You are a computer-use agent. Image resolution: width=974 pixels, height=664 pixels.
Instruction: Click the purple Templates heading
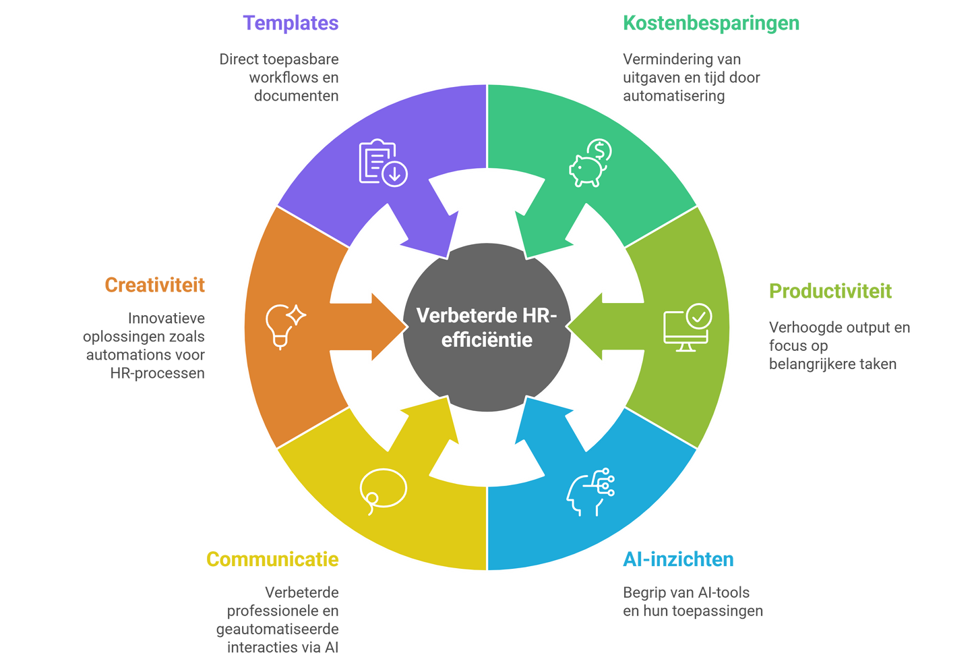291,24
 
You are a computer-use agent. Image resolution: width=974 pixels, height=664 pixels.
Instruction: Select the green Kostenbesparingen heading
710,24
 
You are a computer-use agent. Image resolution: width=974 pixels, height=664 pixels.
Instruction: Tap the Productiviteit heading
830,291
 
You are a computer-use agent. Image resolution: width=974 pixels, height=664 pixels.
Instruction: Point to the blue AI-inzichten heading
677,559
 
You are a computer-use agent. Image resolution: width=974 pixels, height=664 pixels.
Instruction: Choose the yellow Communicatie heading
272,559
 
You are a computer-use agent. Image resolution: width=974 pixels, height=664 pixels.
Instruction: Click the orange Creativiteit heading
154,285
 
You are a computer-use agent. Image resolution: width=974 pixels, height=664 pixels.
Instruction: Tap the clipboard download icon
382,163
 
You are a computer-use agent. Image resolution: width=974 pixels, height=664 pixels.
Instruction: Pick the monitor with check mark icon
687,329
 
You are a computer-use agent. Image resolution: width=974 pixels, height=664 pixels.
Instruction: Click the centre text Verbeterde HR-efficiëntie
487,327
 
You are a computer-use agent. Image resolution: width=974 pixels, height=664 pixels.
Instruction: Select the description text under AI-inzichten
692,602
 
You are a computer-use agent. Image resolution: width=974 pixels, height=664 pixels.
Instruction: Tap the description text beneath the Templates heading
279,77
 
